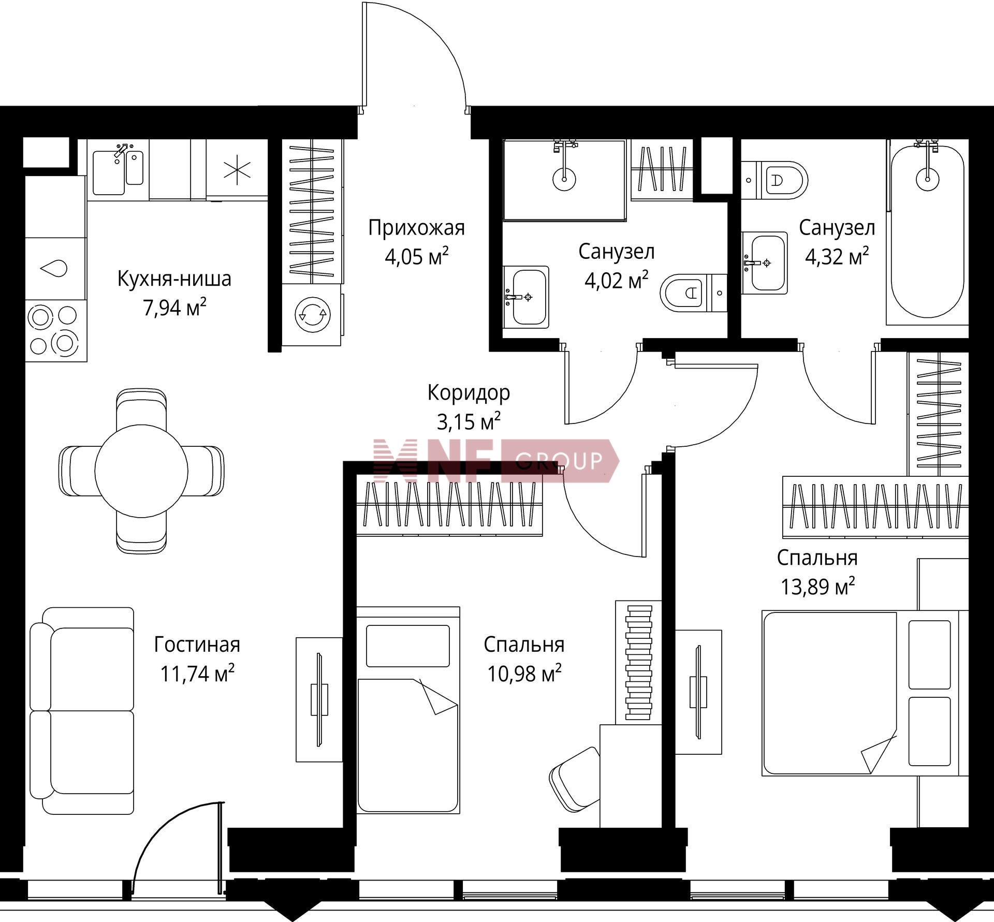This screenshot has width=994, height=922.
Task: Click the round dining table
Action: [x=141, y=470]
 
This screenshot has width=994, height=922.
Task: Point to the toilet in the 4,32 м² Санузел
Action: [x=774, y=180]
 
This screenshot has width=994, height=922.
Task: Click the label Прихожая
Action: [x=416, y=228]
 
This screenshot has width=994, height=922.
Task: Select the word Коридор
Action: [x=469, y=393]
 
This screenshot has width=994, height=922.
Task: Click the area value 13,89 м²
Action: [x=817, y=587]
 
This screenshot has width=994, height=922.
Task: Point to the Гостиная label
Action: [x=197, y=645]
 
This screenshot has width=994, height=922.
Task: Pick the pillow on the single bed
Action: [x=408, y=646]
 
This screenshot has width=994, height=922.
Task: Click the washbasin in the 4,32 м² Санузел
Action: [x=765, y=263]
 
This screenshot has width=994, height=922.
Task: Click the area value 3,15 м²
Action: [x=469, y=421]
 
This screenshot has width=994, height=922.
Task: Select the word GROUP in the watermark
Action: [x=559, y=460]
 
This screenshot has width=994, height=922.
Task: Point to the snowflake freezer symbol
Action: [x=237, y=169]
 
